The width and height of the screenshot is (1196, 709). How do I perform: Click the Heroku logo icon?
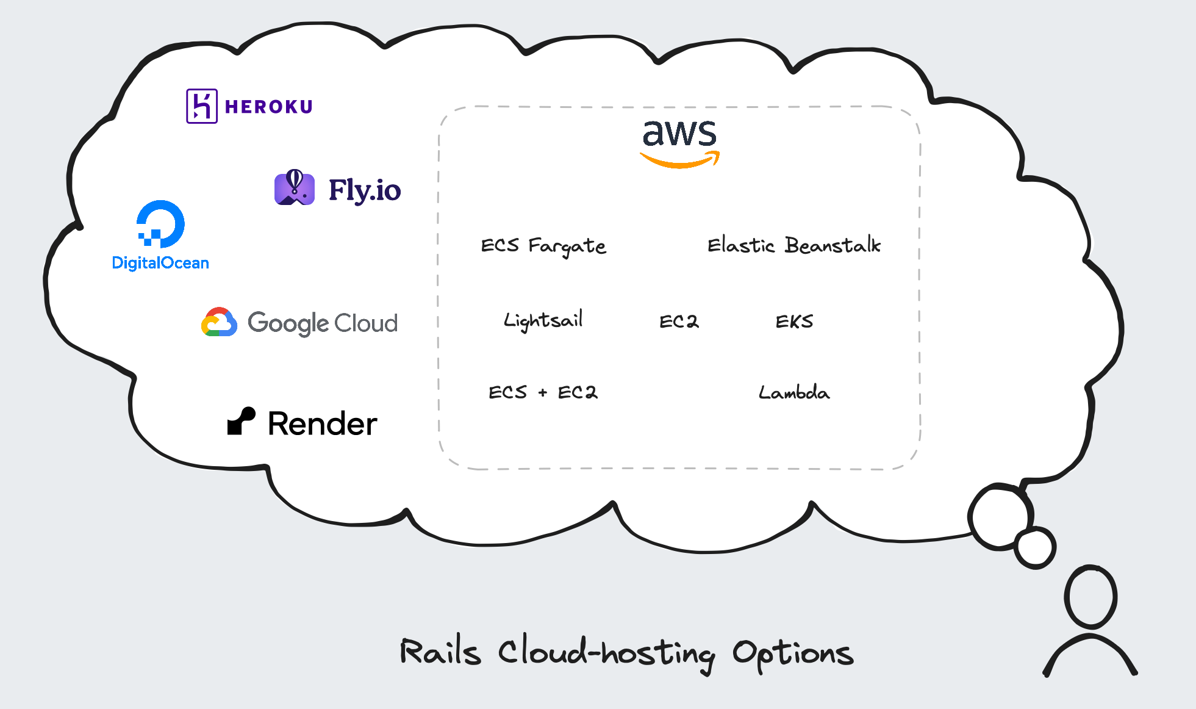[x=202, y=106]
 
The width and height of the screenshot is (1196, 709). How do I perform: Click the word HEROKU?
[x=269, y=107]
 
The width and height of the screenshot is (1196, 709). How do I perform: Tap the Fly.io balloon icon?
[x=295, y=188]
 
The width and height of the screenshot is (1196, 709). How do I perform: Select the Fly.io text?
[x=365, y=190]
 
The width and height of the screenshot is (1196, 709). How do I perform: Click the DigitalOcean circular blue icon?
[x=160, y=224]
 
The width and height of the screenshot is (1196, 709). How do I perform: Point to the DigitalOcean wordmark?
[x=160, y=263]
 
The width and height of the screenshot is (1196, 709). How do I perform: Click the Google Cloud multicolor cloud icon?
[x=219, y=322]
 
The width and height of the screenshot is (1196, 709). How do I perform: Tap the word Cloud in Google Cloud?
[x=366, y=323]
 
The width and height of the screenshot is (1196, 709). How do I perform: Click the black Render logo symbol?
[x=241, y=421]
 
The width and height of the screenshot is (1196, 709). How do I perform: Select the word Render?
[x=323, y=423]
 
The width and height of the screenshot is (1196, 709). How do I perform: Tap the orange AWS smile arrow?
[x=679, y=161]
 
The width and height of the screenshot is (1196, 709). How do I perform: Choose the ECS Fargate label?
[x=543, y=246]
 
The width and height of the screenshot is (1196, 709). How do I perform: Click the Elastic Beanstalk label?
[x=793, y=245]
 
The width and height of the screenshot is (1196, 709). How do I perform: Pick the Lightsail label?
[x=543, y=320]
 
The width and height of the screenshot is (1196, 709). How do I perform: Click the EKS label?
[x=794, y=321]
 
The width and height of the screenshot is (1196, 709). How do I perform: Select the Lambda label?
[x=794, y=392]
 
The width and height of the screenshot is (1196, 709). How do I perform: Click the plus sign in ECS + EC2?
[x=542, y=393]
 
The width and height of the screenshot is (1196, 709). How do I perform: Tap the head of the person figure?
[x=1090, y=597]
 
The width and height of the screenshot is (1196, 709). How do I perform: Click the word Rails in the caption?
[x=440, y=652]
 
